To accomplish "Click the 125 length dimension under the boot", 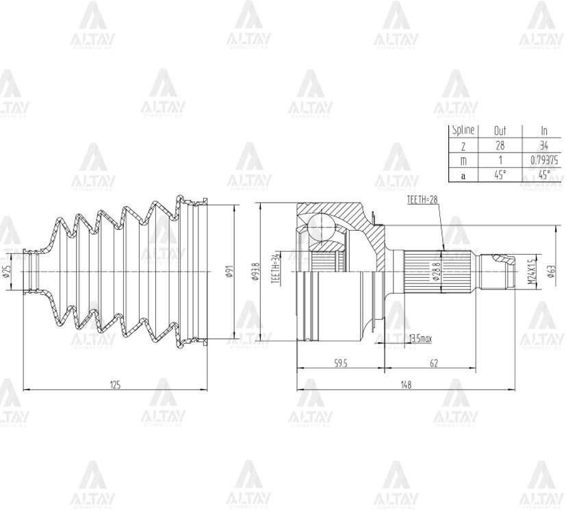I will pos(115,385).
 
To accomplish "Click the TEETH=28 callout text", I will pos(422,199).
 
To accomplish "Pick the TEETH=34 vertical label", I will pos(274,268).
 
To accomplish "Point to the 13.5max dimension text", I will pos(420,339).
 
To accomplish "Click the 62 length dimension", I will pos(433,364).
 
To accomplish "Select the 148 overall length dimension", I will pos(406,385).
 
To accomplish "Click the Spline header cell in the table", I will pos(463,130).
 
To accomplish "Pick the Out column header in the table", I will pos(500,130).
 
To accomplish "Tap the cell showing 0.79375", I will pos(544,160).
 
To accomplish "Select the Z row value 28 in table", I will pos(500,145).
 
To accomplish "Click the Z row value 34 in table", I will pos(544,145).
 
